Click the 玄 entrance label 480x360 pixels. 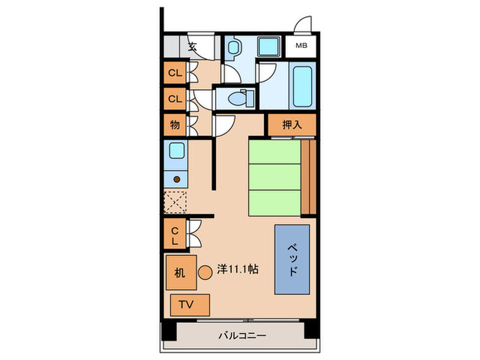[193, 47]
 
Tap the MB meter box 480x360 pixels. [302, 47]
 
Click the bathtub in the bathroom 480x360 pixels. [301, 84]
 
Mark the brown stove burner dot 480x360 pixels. [176, 179]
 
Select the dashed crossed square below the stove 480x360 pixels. [175, 203]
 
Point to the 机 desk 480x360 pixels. [180, 272]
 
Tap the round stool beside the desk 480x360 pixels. [205, 272]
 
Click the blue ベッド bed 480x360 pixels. [293, 259]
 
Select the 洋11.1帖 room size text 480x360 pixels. [238, 270]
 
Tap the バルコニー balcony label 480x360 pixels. [241, 335]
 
